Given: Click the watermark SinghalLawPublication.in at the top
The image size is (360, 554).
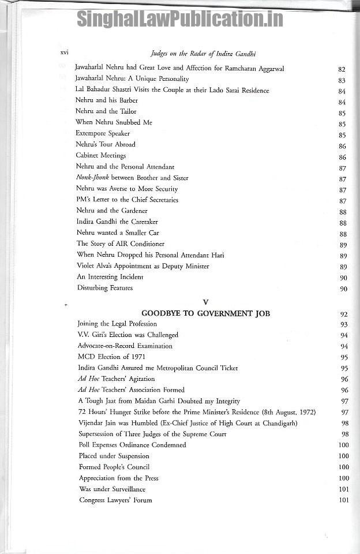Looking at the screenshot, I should tap(180, 19).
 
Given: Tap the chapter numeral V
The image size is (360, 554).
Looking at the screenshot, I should tap(205, 302).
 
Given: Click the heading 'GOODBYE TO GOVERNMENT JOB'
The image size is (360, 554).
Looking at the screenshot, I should tap(205, 313).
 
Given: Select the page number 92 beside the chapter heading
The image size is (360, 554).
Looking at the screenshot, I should tap(344, 315).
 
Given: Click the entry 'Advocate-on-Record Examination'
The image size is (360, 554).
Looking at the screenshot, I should tap(125, 346).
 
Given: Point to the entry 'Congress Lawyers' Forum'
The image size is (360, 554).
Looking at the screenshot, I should tap(115, 500).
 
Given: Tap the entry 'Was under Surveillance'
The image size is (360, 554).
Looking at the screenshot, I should tap(112, 489).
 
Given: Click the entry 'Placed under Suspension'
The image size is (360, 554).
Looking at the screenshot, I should tap(114, 456).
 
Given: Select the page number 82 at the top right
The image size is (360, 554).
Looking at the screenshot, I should tap(342, 69).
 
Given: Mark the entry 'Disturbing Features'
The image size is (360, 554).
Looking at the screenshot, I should tap(105, 288).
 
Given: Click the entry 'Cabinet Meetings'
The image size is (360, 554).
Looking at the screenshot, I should tap(100, 155).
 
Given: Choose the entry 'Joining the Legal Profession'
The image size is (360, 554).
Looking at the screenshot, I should tap(117, 324).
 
